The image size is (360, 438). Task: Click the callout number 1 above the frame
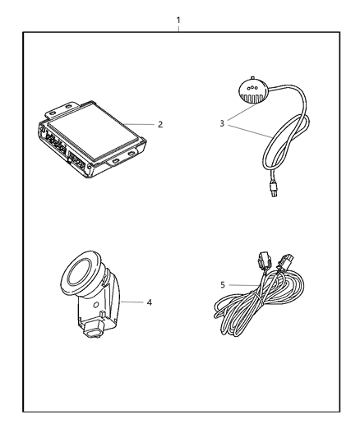pyautogui.click(x=178, y=17)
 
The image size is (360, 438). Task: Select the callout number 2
pyautogui.click(x=161, y=125)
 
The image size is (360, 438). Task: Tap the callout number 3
pyautogui.click(x=222, y=124)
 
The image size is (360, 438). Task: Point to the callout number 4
pyautogui.click(x=150, y=302)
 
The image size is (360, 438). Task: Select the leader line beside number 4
pyautogui.click(x=133, y=302)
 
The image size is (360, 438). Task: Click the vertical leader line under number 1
pyautogui.click(x=178, y=28)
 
